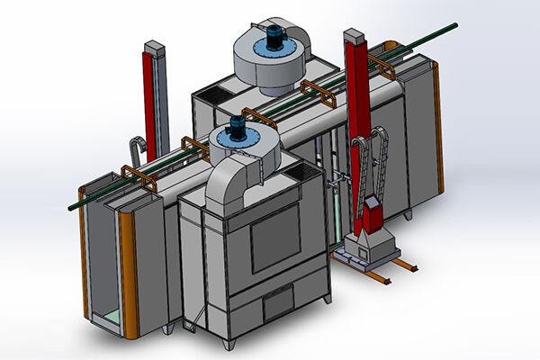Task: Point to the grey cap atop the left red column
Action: [153, 47]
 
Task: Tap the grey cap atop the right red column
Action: [353, 37]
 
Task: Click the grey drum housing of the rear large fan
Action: [265, 67]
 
